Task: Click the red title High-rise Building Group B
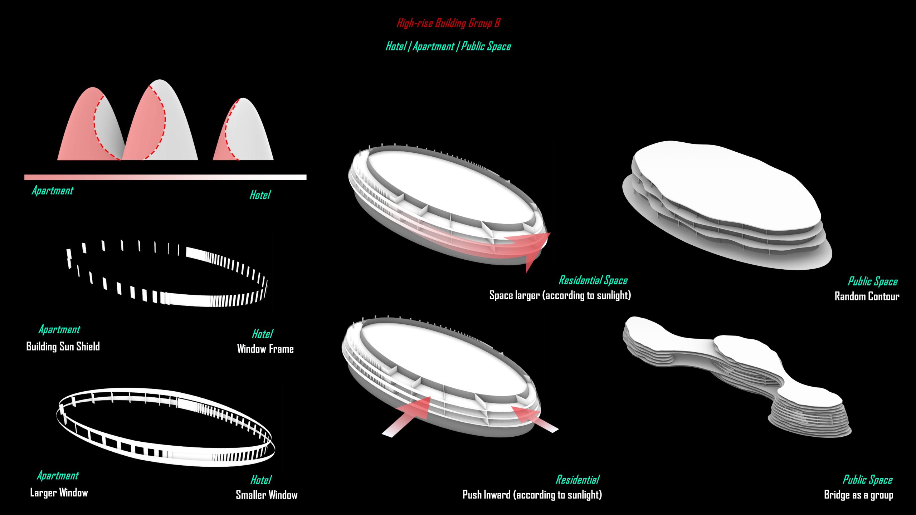[448, 23]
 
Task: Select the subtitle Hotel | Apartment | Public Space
[448, 46]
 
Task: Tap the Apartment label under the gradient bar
[53, 191]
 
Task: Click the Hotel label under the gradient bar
[260, 195]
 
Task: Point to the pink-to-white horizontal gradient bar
[165, 177]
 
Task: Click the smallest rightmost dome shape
[247, 132]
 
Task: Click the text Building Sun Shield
[63, 347]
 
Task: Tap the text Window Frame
[265, 349]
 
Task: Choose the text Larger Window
[59, 493]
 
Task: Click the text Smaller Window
[267, 495]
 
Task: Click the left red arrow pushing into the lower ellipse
[408, 417]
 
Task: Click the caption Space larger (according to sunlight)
[560, 295]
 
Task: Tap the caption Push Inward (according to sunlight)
[532, 495]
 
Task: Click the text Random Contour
[867, 296]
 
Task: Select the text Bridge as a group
[858, 495]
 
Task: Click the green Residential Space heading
[593, 280]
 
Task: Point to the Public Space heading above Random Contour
[872, 281]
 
